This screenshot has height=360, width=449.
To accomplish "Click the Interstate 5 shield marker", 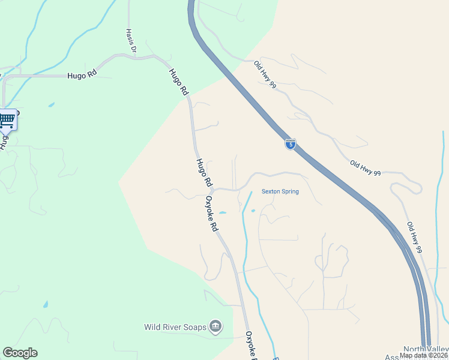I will click(290, 144).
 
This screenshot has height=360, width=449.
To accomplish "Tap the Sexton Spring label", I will click(280, 192).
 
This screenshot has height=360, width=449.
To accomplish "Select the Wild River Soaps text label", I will click(175, 328).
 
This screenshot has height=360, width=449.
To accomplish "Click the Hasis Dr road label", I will click(131, 41).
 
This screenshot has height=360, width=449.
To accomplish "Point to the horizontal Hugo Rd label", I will click(82, 76).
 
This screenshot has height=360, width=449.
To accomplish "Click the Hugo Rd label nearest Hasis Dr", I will click(178, 82).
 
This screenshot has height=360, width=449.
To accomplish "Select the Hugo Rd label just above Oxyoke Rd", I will click(204, 172).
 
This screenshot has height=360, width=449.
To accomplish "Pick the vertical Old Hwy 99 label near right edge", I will click(415, 237).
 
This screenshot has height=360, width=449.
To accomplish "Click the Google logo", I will click(20, 353).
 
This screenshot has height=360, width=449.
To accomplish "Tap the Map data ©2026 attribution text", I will click(423, 355).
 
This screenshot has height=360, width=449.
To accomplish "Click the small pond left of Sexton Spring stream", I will click(223, 213).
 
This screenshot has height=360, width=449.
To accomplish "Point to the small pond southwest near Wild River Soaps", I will click(46, 304).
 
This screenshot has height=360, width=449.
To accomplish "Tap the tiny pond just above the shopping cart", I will click(51, 104).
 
